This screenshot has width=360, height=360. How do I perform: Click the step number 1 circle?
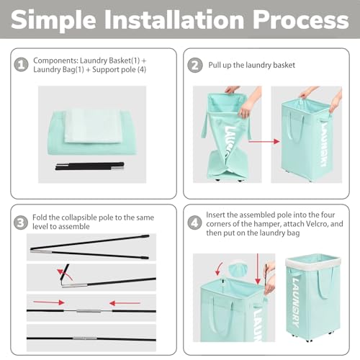(22, 65)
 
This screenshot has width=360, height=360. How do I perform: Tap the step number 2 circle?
(194, 65)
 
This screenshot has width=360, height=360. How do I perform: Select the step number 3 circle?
(21, 222)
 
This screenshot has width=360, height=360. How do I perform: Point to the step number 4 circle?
(194, 222)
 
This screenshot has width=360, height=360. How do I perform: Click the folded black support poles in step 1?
(90, 166)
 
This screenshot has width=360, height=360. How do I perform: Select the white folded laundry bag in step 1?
(94, 127)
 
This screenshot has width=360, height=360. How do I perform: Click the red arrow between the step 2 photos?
(264, 141)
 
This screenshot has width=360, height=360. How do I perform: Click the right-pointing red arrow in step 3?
(49, 302)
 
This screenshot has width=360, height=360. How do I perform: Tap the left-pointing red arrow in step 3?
(125, 303)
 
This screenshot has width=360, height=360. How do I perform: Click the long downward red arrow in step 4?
(258, 269)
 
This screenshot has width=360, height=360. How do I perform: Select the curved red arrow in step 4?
(219, 269)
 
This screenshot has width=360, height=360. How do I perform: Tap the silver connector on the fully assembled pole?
(85, 338)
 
